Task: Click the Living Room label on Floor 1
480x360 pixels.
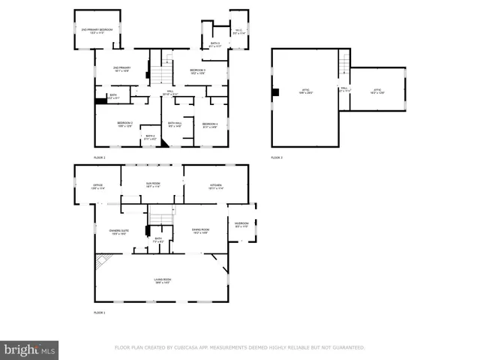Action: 162,280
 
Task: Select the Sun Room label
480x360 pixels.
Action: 152,185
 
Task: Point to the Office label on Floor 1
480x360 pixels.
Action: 97,186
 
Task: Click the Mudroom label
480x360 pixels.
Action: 241,224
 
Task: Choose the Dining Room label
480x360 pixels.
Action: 200,231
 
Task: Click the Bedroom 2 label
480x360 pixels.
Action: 124,124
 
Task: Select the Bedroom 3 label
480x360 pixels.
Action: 197,71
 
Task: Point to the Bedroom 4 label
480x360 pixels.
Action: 210,125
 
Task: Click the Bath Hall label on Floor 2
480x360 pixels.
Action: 175,125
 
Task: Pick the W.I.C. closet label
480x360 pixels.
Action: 239,32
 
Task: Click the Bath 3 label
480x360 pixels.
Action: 215,45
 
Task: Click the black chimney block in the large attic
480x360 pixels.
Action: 276,92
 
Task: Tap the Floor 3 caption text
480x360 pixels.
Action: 277,157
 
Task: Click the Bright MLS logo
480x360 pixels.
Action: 29,349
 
